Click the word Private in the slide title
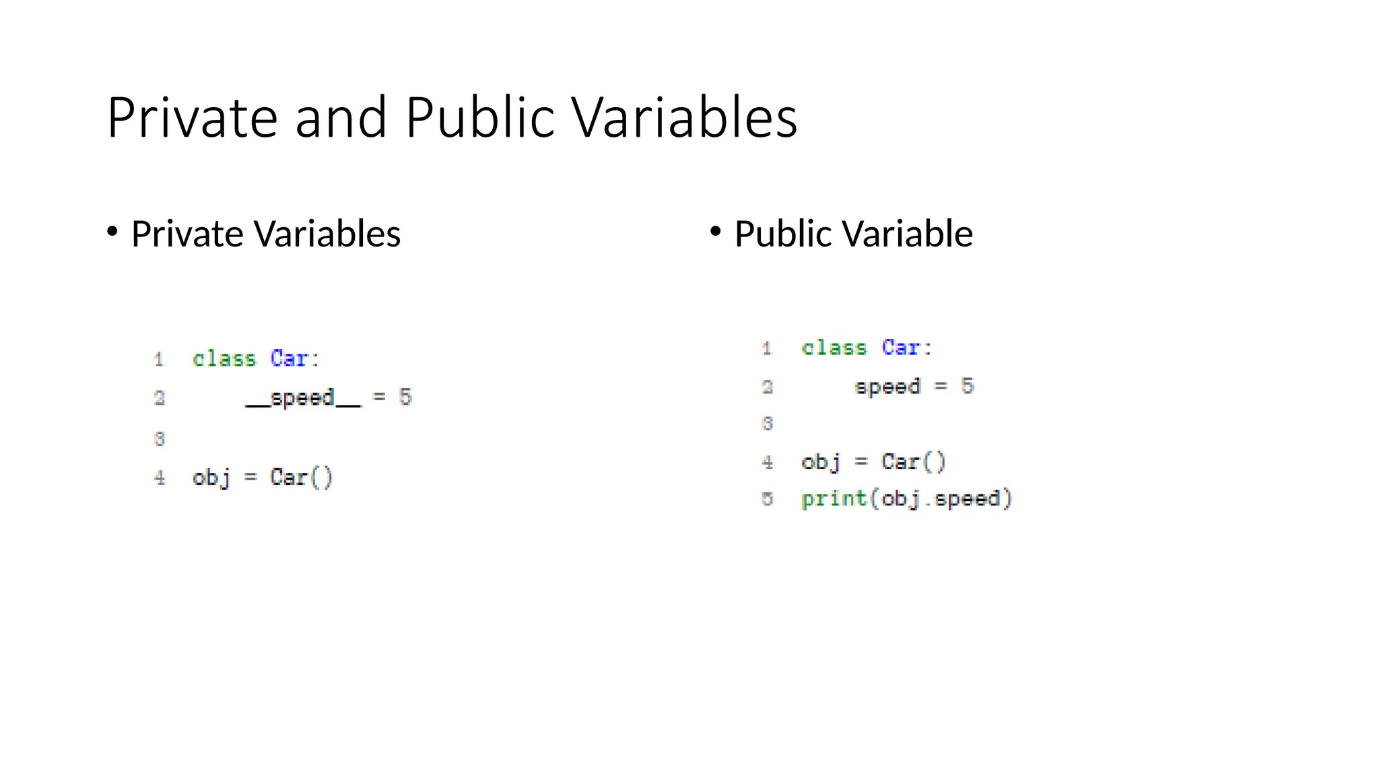point(192,118)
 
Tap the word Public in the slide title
point(479,118)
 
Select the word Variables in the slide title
point(685,118)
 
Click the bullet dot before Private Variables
point(112,232)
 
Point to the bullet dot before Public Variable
point(716,232)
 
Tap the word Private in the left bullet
point(187,234)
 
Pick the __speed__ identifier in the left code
point(303,397)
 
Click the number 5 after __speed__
point(405,397)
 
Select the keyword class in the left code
point(224,358)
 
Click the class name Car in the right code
point(901,348)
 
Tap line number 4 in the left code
point(160,478)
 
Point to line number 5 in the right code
point(767,499)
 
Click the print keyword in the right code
point(834,499)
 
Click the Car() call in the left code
point(301,478)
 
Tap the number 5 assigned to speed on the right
point(967,386)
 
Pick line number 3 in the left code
point(160,439)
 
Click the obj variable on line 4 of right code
point(821,462)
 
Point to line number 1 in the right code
point(767,348)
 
